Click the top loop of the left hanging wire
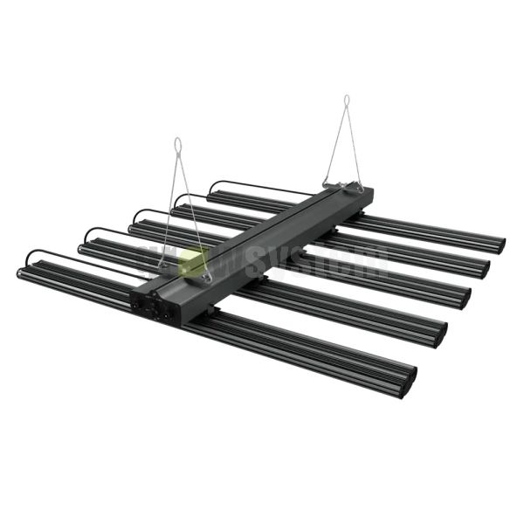pos(178,142)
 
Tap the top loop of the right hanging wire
pos(346,100)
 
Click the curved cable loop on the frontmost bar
pos(52,256)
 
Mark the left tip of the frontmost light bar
pos(22,272)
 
